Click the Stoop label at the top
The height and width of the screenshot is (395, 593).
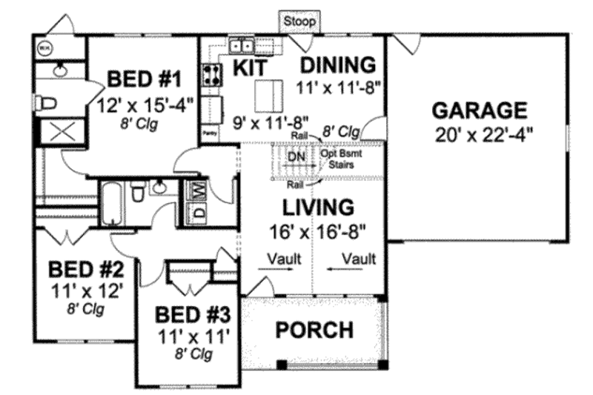coord(299,22)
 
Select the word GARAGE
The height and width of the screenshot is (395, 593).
coord(480,111)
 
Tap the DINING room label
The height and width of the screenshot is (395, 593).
coord(339,63)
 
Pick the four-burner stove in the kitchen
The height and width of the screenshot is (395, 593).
coord(211,74)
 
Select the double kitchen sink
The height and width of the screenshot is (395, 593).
coord(242,47)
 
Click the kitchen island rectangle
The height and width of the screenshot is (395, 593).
coord(265,95)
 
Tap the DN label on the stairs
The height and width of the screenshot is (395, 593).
coord(295,158)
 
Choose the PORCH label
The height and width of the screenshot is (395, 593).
coord(314,330)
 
